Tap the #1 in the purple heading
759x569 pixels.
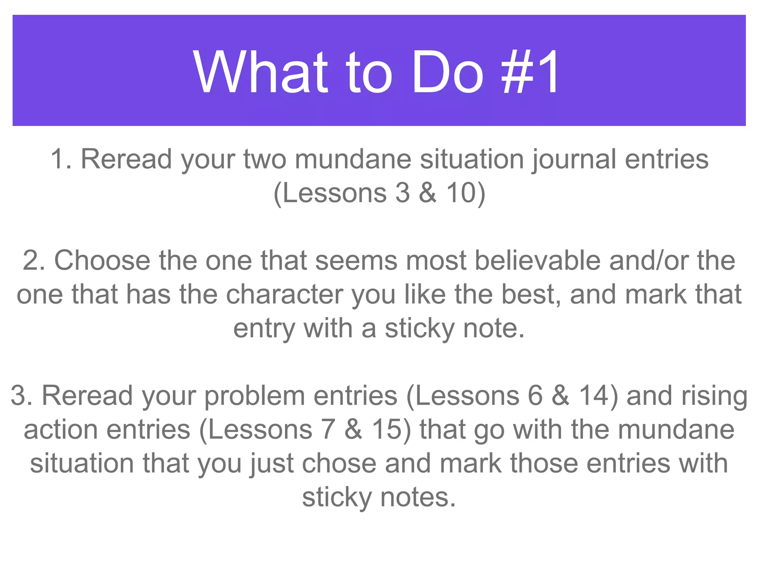pos(530,72)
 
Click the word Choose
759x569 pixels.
pos(102,260)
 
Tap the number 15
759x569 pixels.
pos(387,430)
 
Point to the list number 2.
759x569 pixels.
pos(31,260)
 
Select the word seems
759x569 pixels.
pos(356,260)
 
